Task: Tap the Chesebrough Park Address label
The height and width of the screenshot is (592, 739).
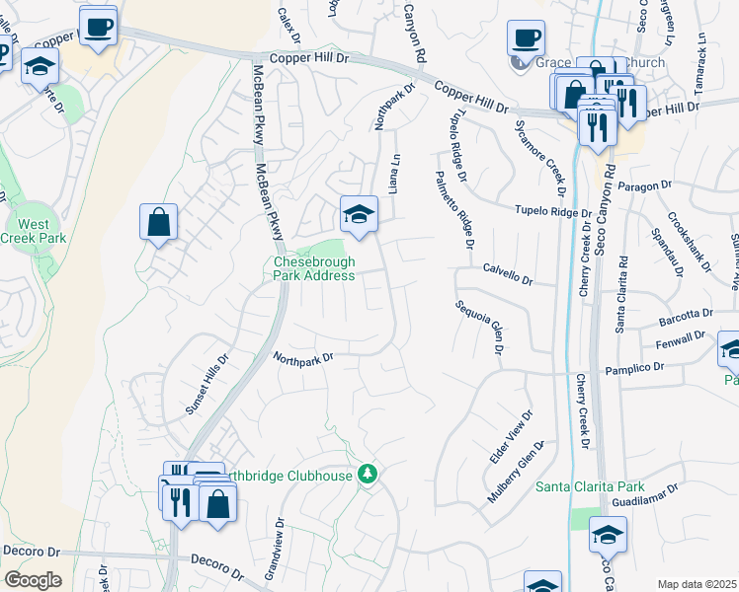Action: pyautogui.click(x=313, y=268)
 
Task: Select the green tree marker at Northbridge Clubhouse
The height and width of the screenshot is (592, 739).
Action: pyautogui.click(x=368, y=475)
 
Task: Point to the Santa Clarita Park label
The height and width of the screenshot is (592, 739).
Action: pyautogui.click(x=590, y=486)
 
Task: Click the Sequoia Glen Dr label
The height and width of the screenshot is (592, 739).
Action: pyautogui.click(x=477, y=327)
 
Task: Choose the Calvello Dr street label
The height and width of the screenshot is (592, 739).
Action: pyautogui.click(x=508, y=273)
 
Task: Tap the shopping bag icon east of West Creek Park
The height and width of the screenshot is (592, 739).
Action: pyautogui.click(x=158, y=222)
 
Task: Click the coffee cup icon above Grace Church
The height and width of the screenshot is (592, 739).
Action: pyautogui.click(x=526, y=39)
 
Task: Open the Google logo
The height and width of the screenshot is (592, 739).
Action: pyautogui.click(x=33, y=580)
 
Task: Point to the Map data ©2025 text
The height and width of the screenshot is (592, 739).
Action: pyautogui.click(x=697, y=584)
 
